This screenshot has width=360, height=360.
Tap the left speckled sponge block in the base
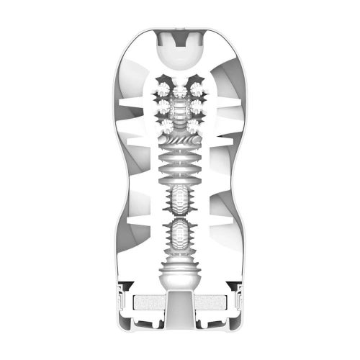[144, 302]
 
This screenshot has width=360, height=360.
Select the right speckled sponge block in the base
[215, 302]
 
